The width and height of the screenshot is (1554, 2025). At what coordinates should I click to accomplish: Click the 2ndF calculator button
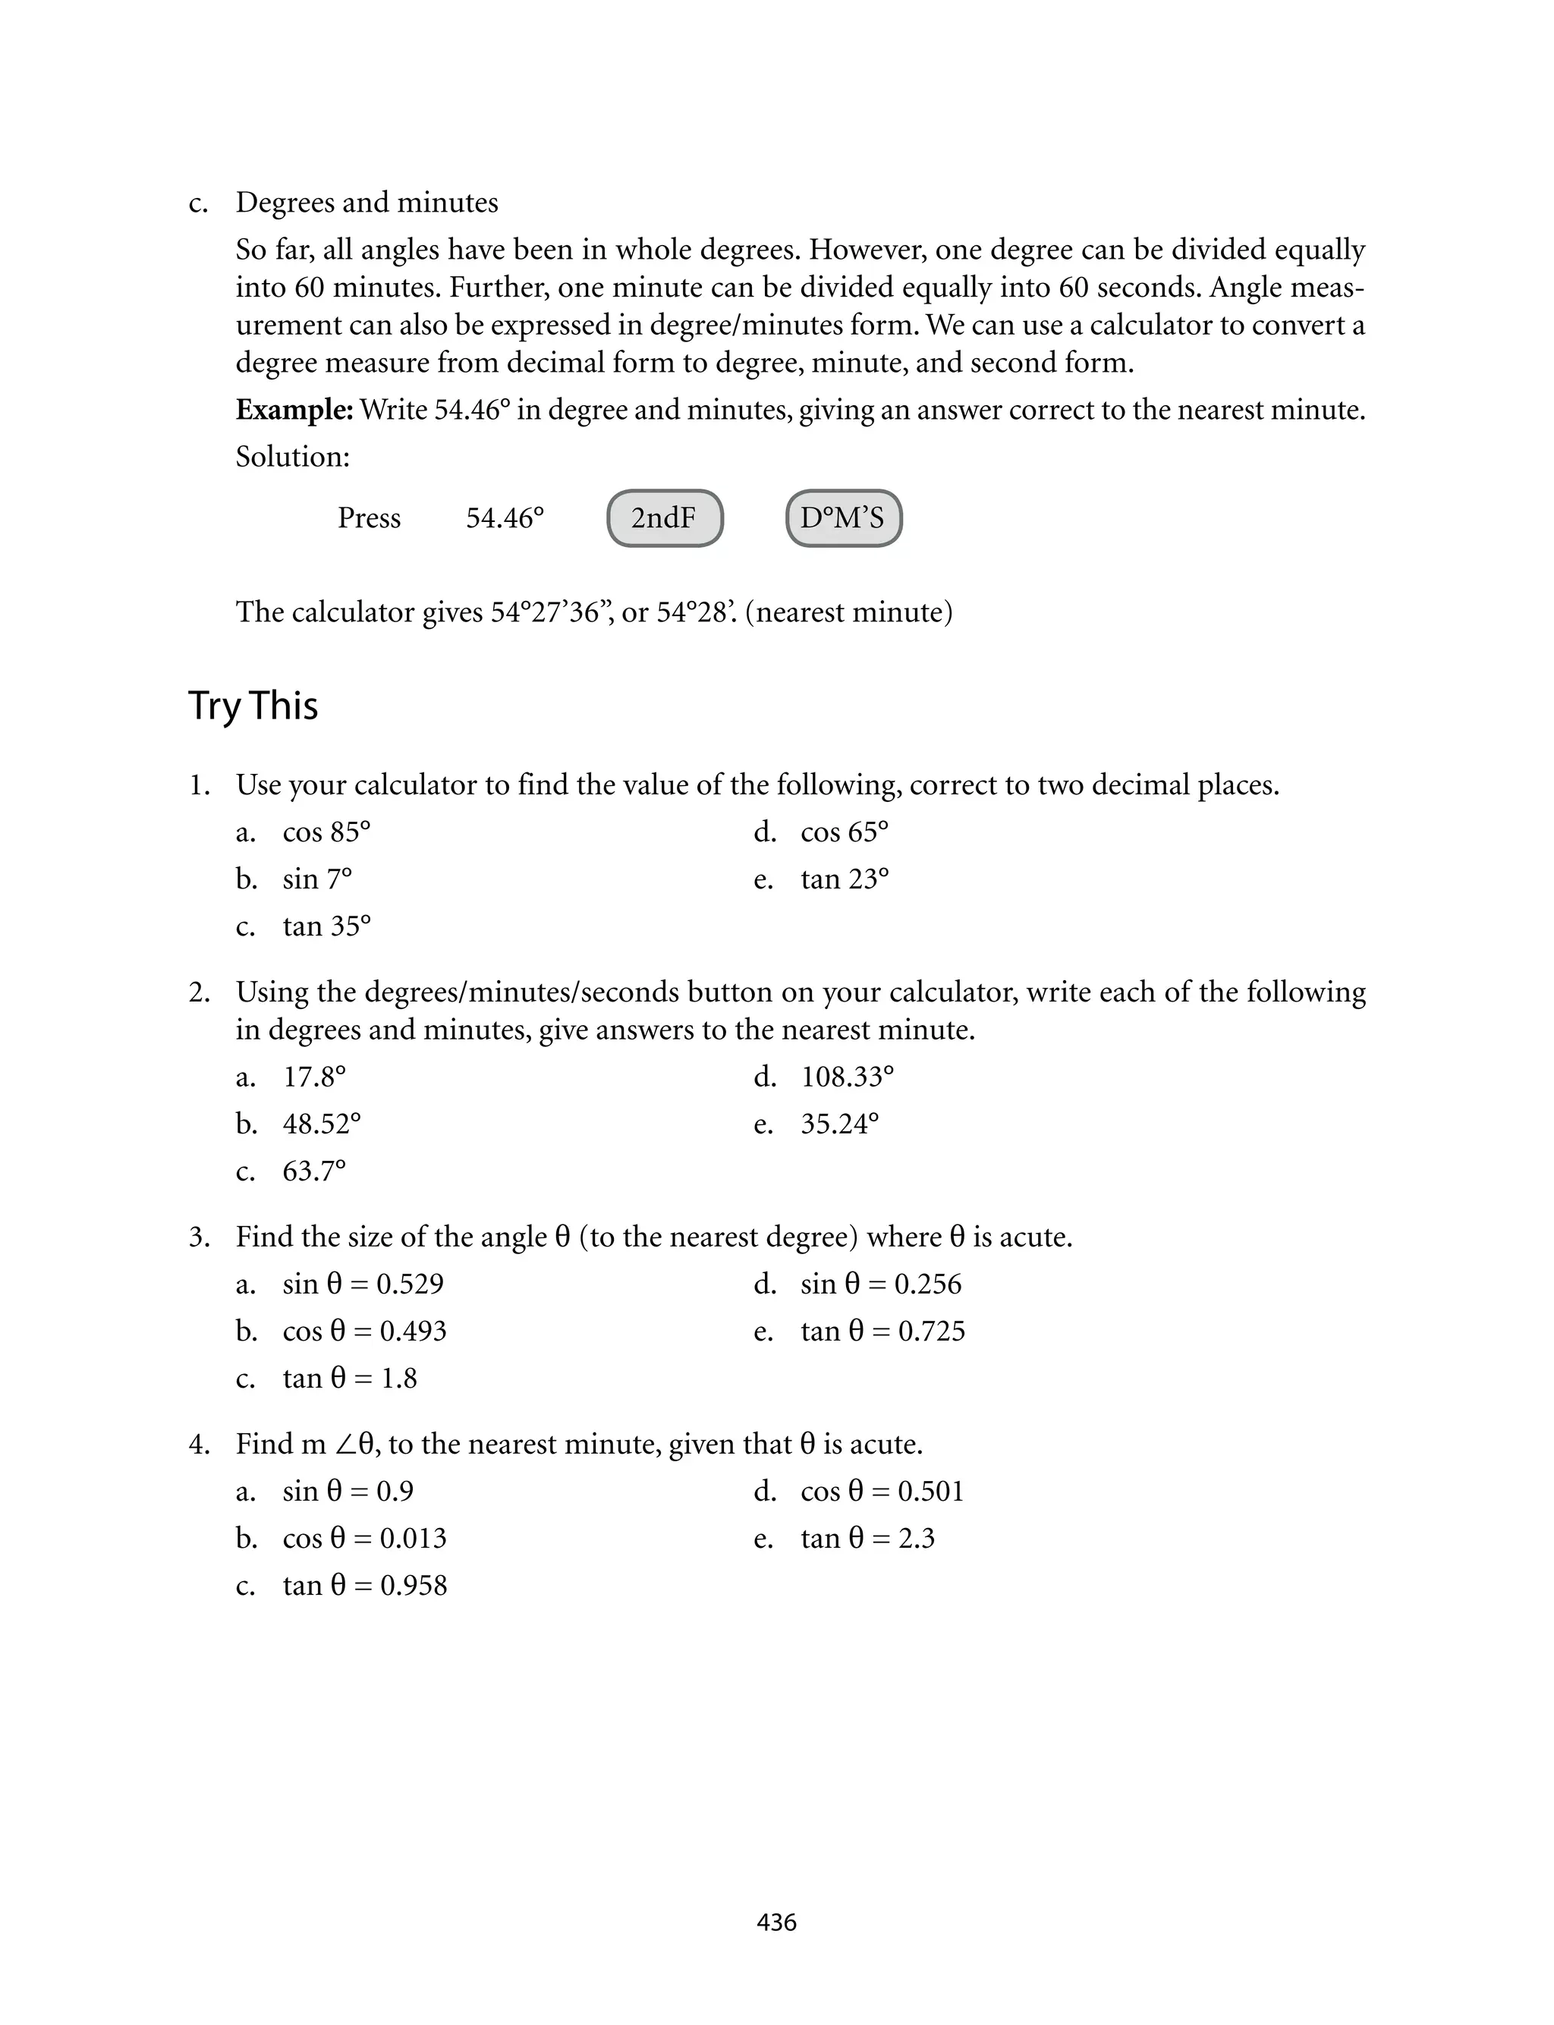[x=664, y=517]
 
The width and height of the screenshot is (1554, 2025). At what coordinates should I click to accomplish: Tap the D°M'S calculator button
[x=843, y=517]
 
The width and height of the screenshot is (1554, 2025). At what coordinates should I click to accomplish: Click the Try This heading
[x=253, y=706]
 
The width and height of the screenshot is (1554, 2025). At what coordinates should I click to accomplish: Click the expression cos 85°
[x=326, y=832]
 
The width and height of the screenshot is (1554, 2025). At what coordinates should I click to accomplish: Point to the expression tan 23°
[x=845, y=879]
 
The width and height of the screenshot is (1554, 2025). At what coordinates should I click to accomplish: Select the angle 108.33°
[x=848, y=1077]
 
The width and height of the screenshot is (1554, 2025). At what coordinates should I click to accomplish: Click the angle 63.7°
[x=314, y=1171]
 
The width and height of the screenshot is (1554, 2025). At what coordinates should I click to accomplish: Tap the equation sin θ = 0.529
[x=363, y=1284]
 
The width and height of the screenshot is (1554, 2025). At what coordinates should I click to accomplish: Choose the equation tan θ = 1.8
[x=350, y=1379]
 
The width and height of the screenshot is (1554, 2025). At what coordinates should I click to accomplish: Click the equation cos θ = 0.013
[x=364, y=1539]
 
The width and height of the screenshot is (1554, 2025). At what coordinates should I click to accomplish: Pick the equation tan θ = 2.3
[x=867, y=1539]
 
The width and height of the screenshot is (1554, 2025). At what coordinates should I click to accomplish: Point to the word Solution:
[x=292, y=457]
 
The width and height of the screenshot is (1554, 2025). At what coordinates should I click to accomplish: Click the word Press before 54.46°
[x=369, y=517]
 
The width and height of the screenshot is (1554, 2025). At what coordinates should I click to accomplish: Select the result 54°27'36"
[x=549, y=612]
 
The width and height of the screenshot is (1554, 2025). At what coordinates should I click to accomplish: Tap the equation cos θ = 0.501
[x=882, y=1492]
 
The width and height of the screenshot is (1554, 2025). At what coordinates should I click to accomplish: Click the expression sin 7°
[x=317, y=879]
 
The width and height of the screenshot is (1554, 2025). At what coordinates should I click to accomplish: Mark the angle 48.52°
[x=322, y=1124]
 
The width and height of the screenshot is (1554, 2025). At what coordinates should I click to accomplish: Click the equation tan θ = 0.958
[x=364, y=1586]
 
